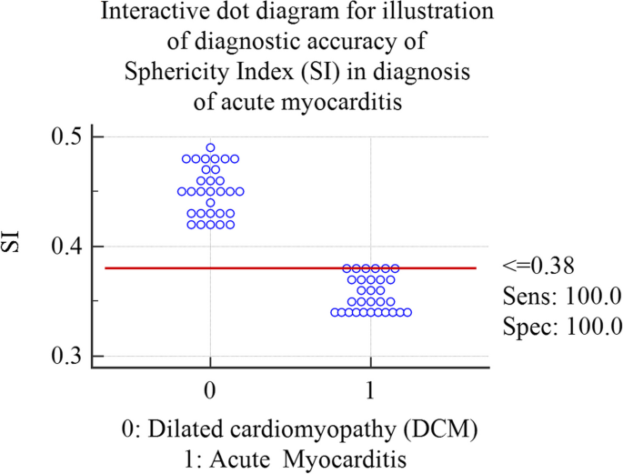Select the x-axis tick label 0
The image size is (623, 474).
[x=210, y=389]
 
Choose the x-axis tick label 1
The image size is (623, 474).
[x=371, y=389]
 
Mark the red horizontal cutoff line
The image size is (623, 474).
[x=273, y=268]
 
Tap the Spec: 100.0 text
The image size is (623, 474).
[x=548, y=325]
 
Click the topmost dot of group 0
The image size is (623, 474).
[x=210, y=147]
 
